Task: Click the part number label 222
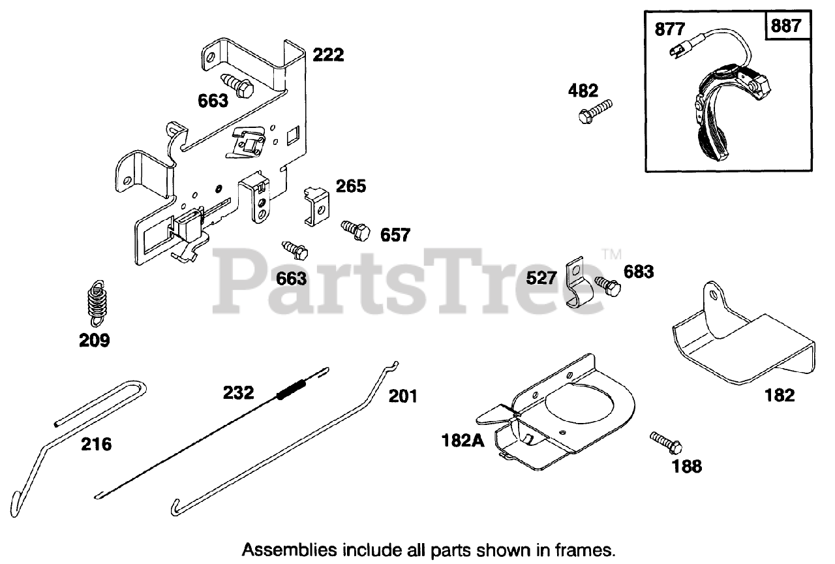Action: [x=327, y=55]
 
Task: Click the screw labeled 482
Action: [x=596, y=111]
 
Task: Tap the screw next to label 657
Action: [x=355, y=230]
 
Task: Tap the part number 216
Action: [x=96, y=445]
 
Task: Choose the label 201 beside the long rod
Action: [x=402, y=396]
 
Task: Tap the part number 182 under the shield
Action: [x=780, y=394]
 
